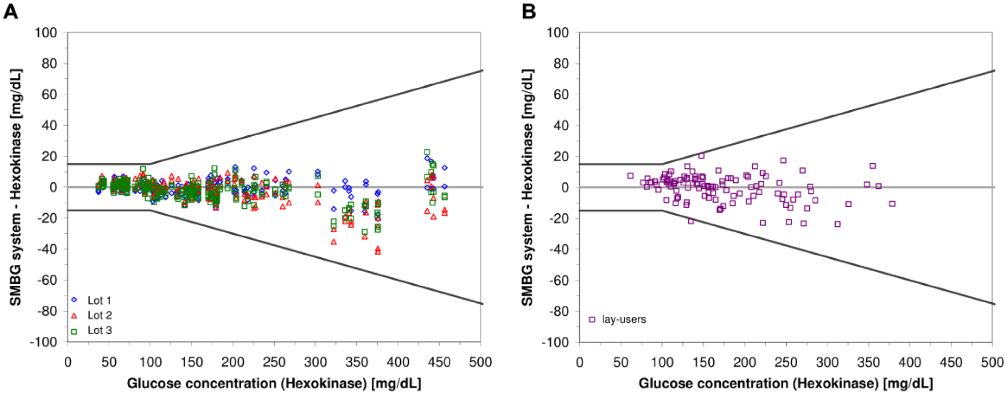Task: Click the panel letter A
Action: (11, 11)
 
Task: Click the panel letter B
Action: (529, 11)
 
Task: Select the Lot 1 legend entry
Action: (91, 300)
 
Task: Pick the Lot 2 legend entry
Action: (91, 315)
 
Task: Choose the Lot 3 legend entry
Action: (91, 330)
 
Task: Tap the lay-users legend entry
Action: (617, 319)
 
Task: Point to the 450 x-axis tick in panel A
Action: (439, 362)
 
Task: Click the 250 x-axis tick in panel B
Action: (786, 362)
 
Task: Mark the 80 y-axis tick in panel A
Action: (49, 63)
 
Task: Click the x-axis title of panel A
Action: (274, 383)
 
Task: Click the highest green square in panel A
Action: (427, 152)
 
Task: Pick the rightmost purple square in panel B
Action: (892, 204)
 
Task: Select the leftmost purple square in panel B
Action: (630, 176)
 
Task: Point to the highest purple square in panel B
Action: (701, 156)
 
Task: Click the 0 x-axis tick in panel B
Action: (580, 362)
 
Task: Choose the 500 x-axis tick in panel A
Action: (480, 362)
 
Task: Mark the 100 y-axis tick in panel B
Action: (558, 33)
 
